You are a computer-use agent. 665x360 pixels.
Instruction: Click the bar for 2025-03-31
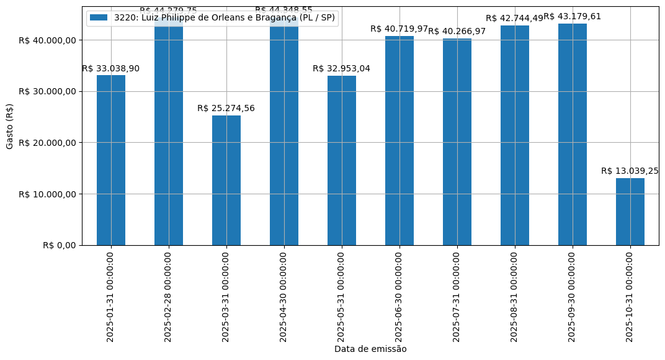tap(226, 180)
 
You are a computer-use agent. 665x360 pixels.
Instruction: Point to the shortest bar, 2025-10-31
tap(630, 212)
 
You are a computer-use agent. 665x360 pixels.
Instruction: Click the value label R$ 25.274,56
tap(226, 109)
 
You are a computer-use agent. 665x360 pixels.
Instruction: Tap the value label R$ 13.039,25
tap(630, 171)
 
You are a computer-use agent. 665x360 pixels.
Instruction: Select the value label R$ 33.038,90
tap(110, 69)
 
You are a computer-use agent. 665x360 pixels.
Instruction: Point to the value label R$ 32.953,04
tap(341, 69)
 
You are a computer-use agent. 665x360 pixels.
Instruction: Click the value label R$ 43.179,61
tap(573, 17)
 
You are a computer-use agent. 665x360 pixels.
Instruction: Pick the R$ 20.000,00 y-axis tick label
tap(47, 143)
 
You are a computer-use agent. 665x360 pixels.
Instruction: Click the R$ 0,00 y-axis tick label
tap(59, 245)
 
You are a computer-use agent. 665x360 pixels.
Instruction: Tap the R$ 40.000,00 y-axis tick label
tap(47, 40)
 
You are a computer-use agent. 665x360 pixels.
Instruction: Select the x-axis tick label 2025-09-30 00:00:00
tap(573, 297)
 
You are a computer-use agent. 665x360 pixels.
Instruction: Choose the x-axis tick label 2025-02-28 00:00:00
tap(169, 297)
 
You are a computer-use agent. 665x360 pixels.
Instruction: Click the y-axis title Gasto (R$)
tap(10, 126)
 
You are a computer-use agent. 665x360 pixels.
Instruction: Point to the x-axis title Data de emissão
tap(370, 349)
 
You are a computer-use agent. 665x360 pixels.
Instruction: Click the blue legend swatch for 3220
tap(99, 18)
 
